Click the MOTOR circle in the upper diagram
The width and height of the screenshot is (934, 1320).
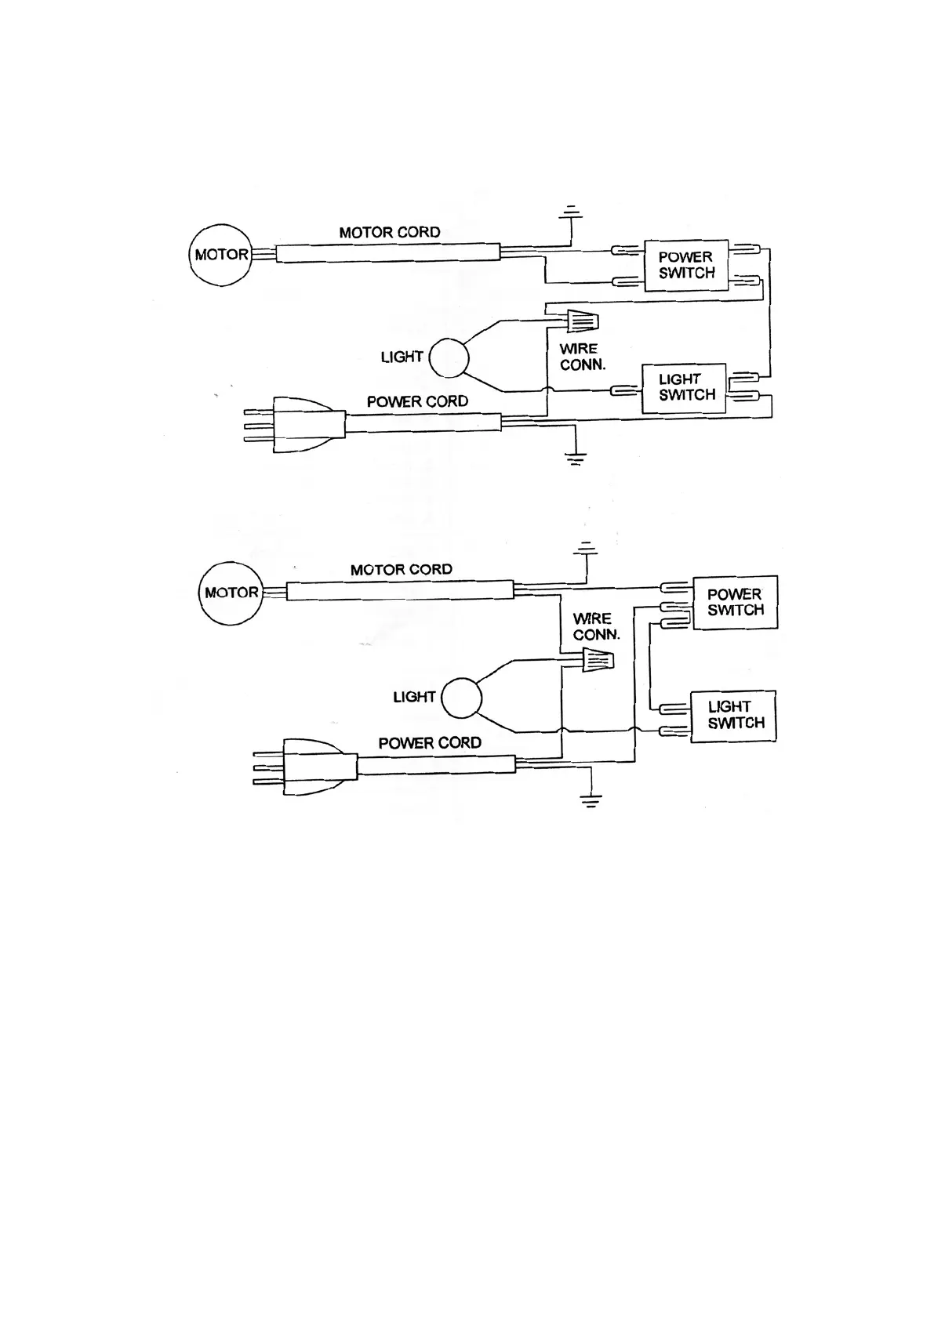coord(220,255)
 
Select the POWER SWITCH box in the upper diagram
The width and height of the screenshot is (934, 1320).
coord(686,266)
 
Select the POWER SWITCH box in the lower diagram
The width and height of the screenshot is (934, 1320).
coord(735,603)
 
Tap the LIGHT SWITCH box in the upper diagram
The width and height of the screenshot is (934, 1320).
coord(685,387)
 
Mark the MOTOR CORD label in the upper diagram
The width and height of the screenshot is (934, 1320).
coord(390,233)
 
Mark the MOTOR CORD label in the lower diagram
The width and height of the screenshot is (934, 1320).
coord(402,570)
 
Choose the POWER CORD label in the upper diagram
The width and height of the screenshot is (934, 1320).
coord(417,401)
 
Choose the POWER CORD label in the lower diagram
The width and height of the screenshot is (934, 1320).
coord(430,743)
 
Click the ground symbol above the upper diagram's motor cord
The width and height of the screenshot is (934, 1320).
coord(572,212)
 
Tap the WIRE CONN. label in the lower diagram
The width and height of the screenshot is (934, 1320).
coord(595,626)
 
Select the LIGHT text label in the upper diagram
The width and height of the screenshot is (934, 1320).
coord(402,357)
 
